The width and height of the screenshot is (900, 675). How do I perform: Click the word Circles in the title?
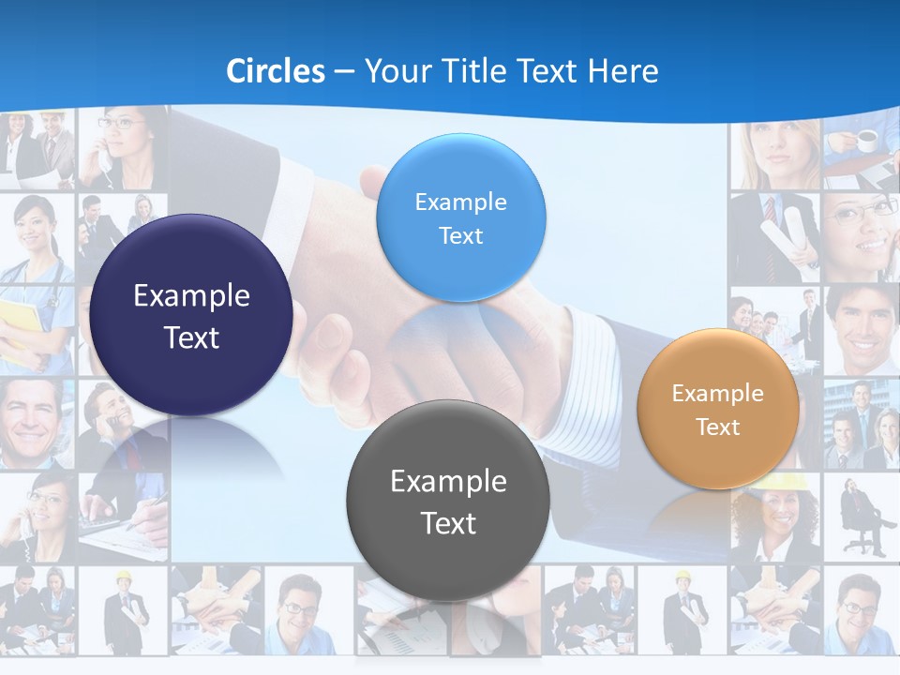275,71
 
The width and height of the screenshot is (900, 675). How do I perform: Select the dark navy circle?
191,315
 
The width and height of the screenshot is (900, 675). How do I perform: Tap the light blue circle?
460,217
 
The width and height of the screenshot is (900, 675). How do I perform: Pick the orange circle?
717,409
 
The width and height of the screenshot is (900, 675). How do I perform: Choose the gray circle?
448,501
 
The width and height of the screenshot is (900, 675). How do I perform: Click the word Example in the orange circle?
717,393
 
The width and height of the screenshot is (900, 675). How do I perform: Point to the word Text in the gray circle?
448,522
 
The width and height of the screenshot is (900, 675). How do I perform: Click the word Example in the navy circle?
191,296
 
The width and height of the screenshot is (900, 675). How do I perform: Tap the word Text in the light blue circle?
460,235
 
